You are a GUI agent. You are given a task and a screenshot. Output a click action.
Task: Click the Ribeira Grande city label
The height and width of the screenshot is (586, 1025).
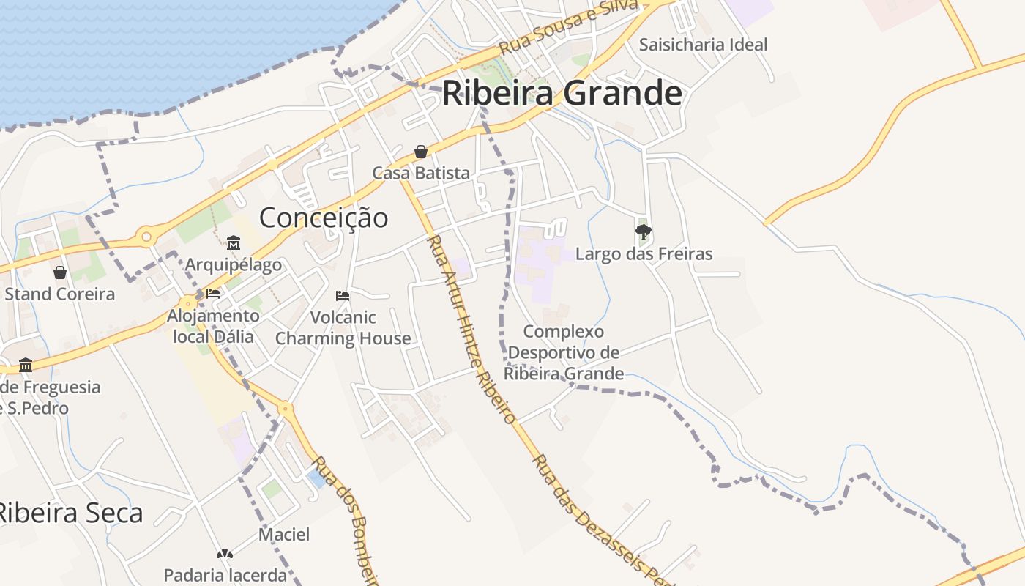pyautogui.click(x=562, y=94)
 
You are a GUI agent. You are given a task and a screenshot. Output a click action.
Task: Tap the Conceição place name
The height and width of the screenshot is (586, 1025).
pyautogui.click(x=324, y=218)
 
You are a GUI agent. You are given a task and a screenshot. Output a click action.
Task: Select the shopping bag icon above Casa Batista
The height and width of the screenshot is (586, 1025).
pyautogui.click(x=421, y=152)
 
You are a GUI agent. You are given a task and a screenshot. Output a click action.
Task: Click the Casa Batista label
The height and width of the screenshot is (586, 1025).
pyautogui.click(x=421, y=174)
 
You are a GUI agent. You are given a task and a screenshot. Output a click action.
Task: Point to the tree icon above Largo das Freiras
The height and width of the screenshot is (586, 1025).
pyautogui.click(x=644, y=233)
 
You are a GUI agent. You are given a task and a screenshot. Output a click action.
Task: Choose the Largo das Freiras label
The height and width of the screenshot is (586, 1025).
pyautogui.click(x=644, y=254)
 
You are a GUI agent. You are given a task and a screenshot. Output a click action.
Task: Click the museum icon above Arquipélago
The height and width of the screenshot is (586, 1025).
pyautogui.click(x=234, y=242)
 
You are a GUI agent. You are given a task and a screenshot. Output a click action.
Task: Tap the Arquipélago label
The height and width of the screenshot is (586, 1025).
pyautogui.click(x=234, y=264)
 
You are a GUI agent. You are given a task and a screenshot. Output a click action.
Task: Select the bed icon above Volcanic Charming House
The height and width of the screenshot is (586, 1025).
pyautogui.click(x=343, y=296)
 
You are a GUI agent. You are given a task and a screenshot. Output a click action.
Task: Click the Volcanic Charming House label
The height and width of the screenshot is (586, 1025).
pyautogui.click(x=343, y=327)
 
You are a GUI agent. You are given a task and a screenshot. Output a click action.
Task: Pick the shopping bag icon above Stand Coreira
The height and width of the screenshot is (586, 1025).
pyautogui.click(x=60, y=272)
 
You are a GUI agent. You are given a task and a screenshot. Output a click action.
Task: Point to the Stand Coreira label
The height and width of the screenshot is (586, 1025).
pyautogui.click(x=60, y=294)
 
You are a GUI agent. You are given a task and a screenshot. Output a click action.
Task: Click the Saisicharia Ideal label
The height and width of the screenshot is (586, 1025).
pyautogui.click(x=703, y=45)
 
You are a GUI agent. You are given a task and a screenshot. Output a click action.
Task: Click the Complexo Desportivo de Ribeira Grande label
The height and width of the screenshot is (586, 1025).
pyautogui.click(x=564, y=353)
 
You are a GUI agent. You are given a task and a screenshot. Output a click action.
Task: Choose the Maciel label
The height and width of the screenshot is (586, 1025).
pyautogui.click(x=284, y=535)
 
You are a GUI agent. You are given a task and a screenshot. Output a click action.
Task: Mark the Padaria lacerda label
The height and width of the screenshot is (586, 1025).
pyautogui.click(x=225, y=575)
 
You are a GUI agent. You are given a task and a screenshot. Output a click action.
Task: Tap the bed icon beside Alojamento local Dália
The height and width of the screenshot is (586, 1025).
pyautogui.click(x=213, y=294)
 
